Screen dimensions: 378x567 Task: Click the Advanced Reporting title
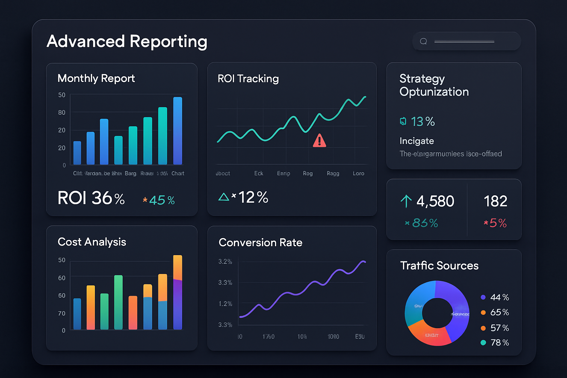(127, 41)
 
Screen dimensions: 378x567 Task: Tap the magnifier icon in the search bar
(423, 41)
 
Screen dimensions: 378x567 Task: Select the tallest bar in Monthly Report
(178, 130)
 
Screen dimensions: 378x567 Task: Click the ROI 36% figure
(91, 198)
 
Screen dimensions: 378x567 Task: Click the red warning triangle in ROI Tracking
(319, 141)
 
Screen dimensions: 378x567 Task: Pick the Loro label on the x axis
(358, 173)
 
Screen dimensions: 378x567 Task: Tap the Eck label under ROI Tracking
(258, 173)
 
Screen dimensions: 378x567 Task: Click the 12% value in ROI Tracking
(253, 197)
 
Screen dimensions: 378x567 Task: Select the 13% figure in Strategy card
(423, 121)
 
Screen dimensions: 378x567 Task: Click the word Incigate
(417, 141)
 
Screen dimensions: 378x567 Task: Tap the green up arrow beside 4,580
(406, 201)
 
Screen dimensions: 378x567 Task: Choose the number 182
(495, 202)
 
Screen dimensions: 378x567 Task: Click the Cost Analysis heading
(92, 242)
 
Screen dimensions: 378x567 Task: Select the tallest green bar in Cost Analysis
(118, 302)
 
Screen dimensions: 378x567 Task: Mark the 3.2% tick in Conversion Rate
(225, 262)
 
